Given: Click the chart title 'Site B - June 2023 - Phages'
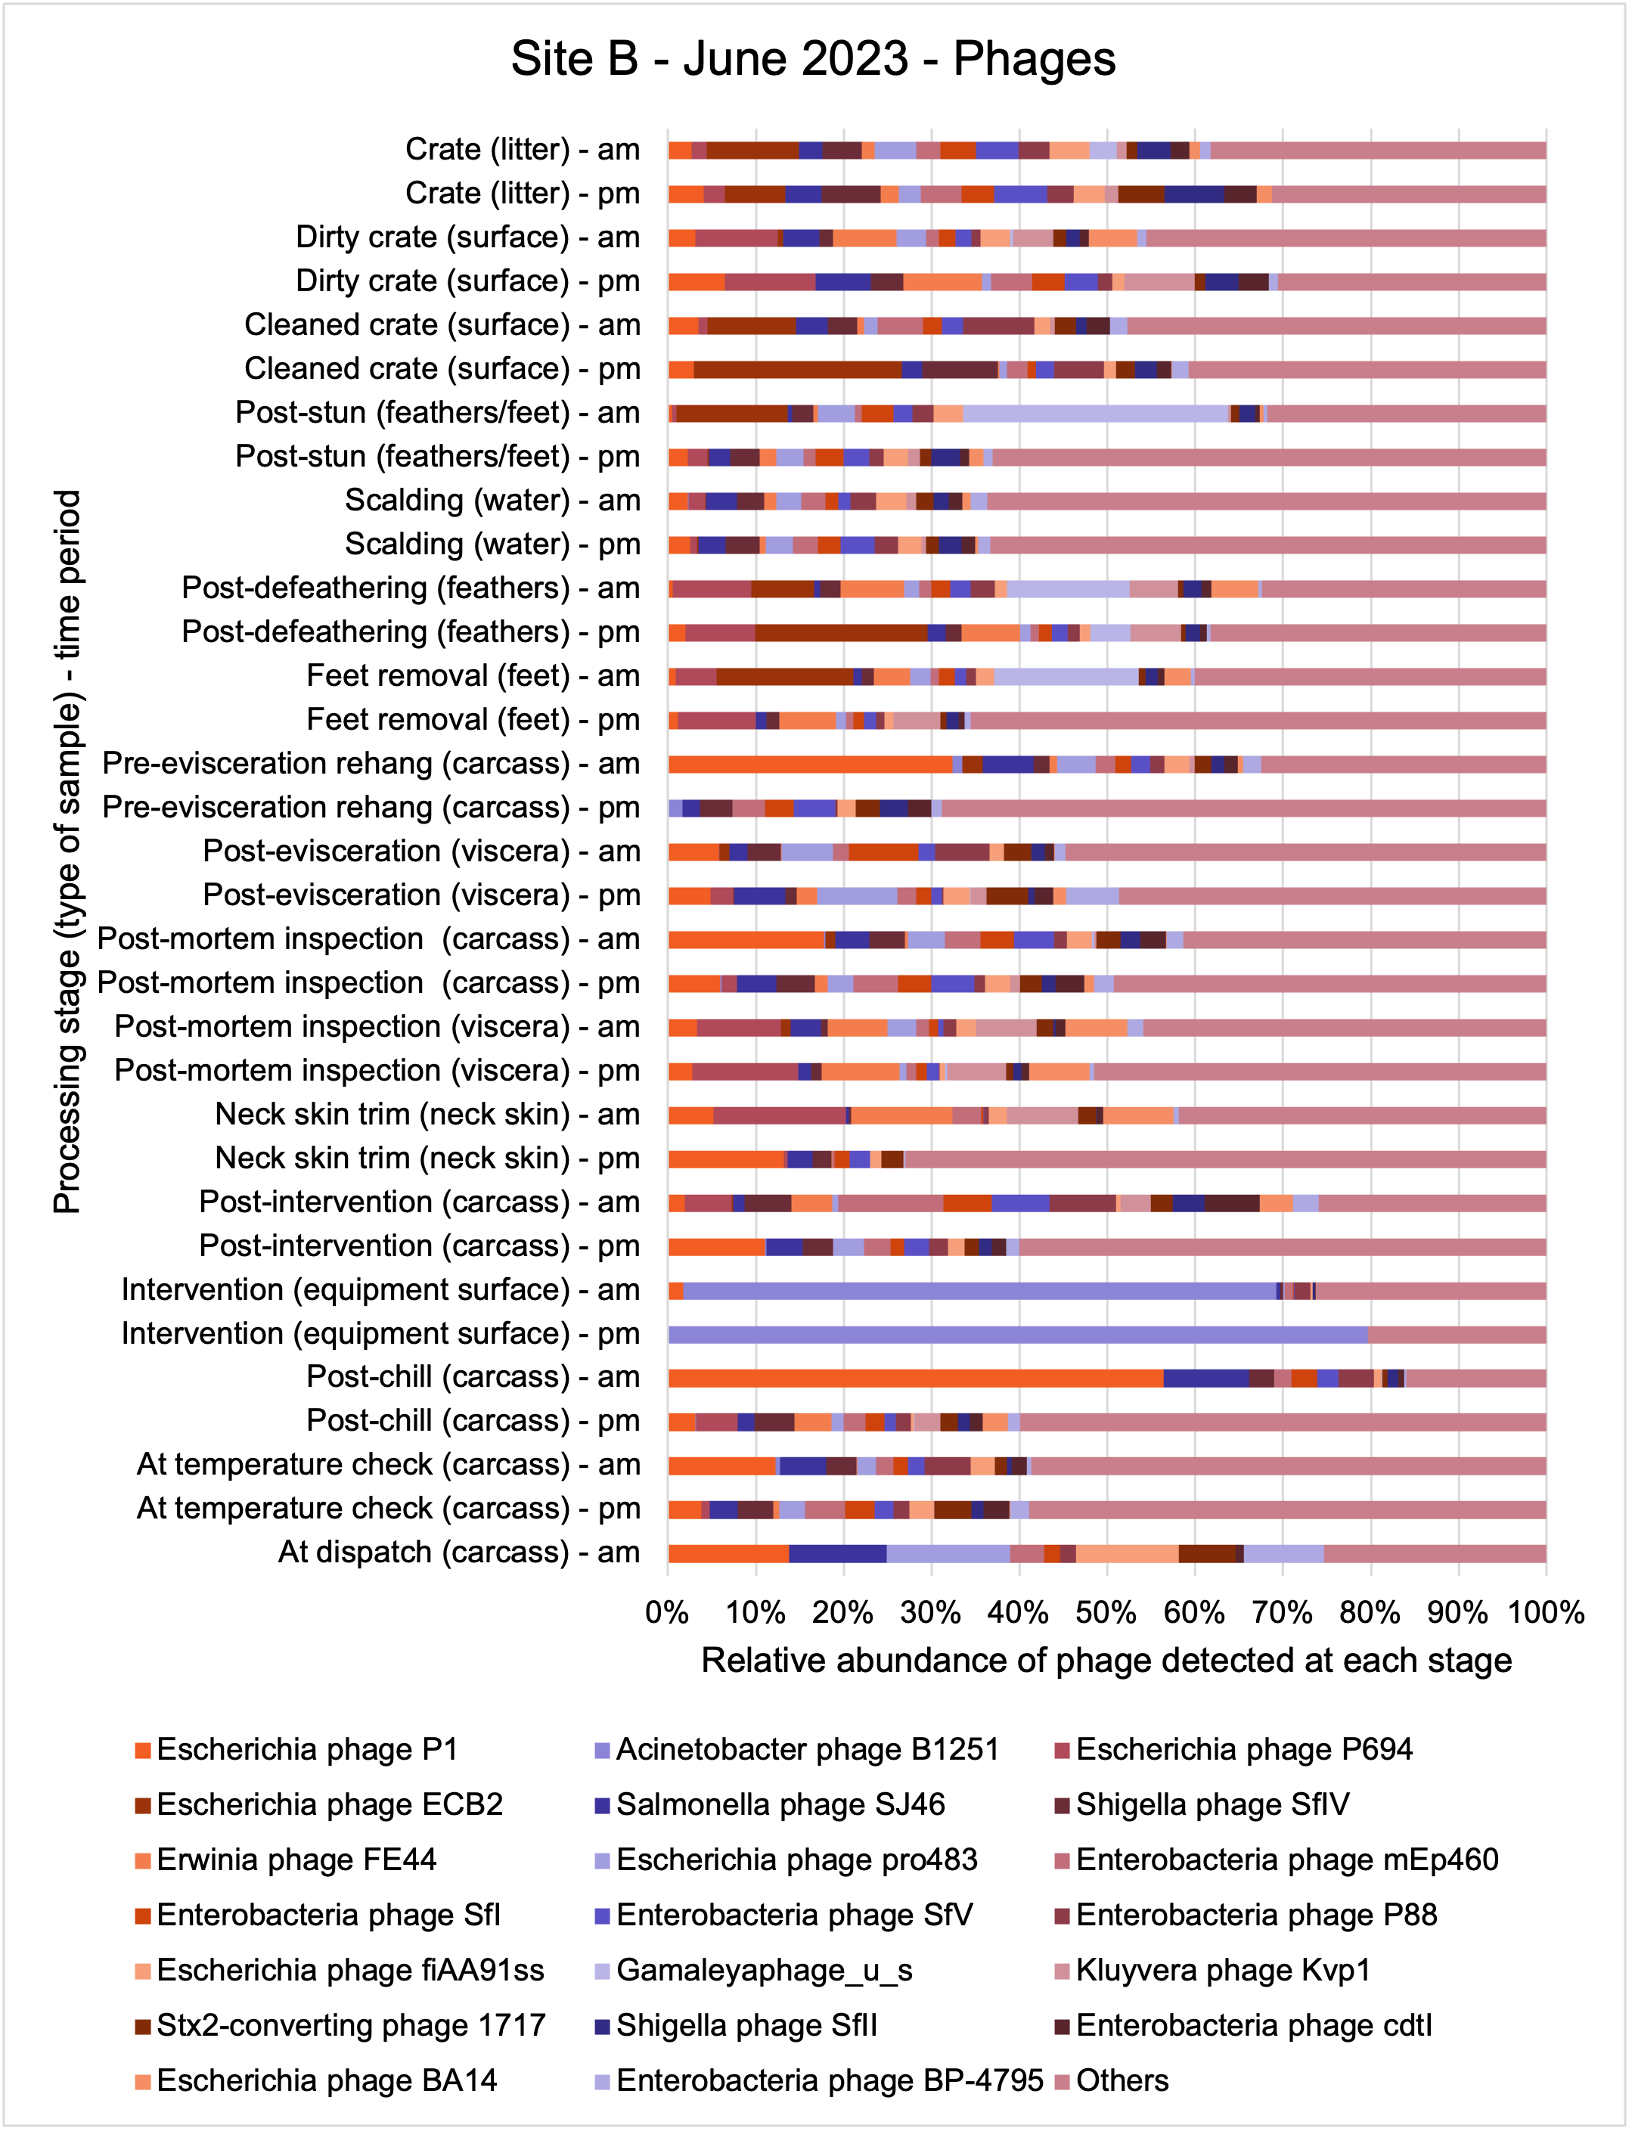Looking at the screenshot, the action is tap(813, 58).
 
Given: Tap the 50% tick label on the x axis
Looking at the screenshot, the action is tap(1106, 1613).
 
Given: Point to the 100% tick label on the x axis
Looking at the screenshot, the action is tap(1546, 1613).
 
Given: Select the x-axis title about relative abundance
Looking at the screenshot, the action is tap(1106, 1661).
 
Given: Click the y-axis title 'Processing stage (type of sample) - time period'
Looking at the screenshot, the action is tap(67, 851).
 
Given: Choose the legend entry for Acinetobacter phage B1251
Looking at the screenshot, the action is tap(798, 1749).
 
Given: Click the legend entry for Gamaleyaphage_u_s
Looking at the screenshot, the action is tap(754, 1970).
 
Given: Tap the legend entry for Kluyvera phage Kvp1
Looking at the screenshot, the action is tap(1213, 1970).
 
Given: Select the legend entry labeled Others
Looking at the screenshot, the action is tap(1112, 2080).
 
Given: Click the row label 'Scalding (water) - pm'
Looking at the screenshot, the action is tap(492, 544).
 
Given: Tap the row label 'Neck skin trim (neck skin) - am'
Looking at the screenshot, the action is tap(427, 1114).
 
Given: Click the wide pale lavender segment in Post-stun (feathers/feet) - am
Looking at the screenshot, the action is tap(1096, 414).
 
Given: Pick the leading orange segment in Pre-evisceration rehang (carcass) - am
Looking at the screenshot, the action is tap(810, 765).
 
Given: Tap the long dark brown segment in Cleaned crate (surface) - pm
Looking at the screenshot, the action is tap(798, 370).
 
